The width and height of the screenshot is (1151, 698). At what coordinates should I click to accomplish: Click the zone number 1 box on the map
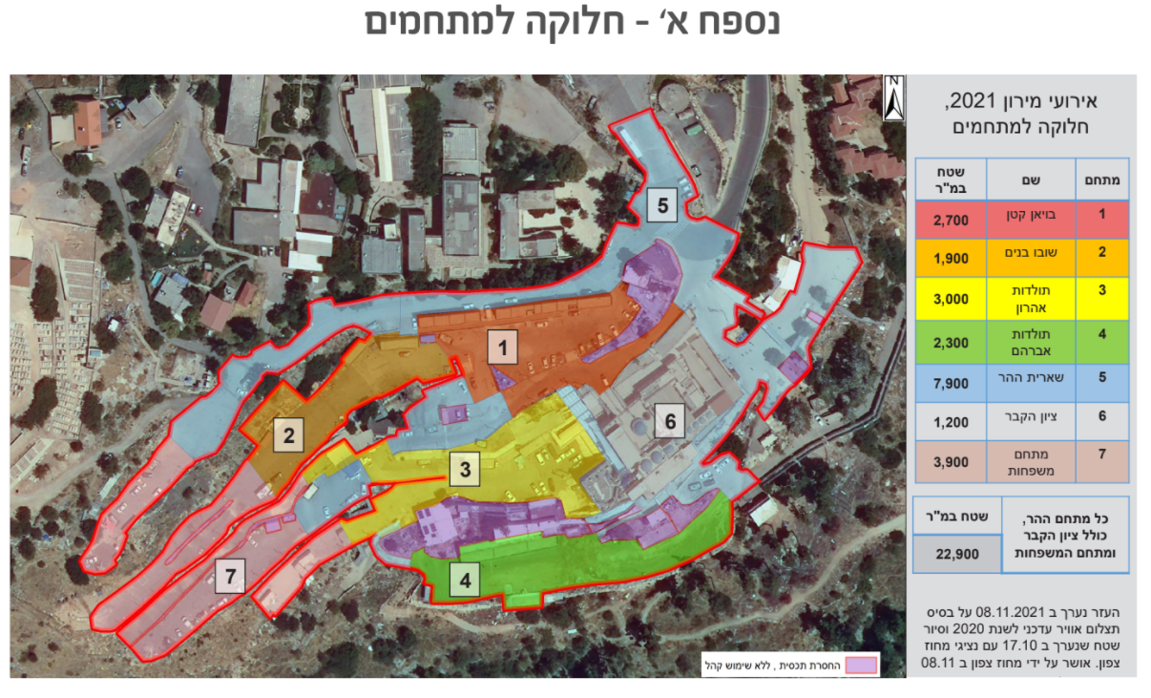tap(502, 349)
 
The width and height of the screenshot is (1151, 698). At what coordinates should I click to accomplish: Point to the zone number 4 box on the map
tap(465, 579)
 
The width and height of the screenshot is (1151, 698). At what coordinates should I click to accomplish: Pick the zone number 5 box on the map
tap(662, 204)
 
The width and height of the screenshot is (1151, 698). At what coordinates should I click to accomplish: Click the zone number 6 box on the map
tap(670, 421)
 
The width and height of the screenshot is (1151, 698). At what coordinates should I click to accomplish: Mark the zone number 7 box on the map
tap(230, 576)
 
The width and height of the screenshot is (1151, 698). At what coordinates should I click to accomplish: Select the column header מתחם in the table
tap(1102, 178)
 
